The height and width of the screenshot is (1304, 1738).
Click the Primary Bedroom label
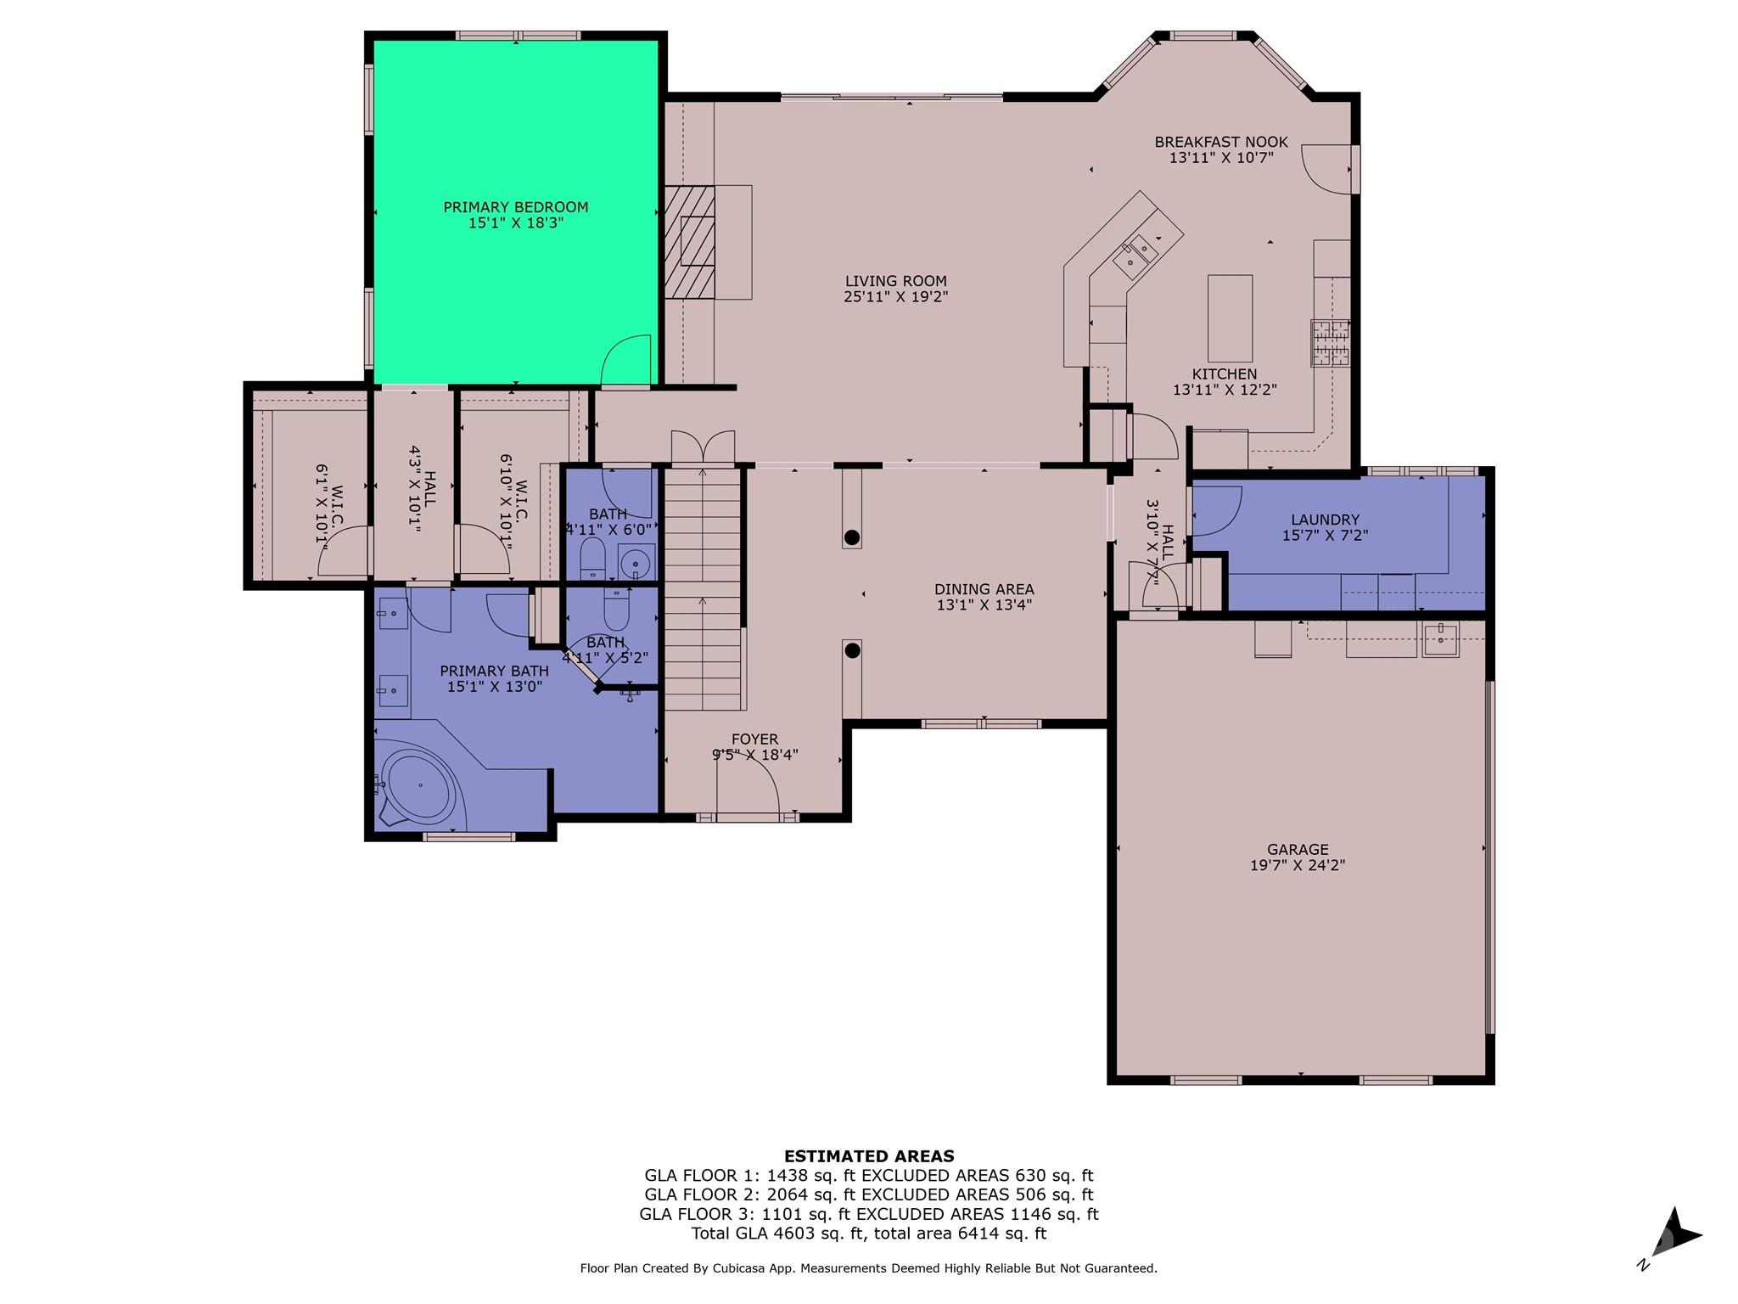point(515,207)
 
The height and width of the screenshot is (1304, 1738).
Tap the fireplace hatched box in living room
point(689,242)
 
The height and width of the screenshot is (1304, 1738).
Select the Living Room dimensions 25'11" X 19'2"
point(895,297)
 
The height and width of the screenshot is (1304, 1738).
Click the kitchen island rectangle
point(1230,318)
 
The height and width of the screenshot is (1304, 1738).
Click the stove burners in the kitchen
point(1330,343)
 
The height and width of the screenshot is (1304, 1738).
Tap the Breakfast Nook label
point(1221,142)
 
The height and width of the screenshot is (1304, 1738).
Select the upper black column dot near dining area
point(852,537)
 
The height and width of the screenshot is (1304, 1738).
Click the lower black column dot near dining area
point(853,651)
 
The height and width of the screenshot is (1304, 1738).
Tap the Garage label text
point(1298,849)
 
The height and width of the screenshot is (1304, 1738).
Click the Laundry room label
point(1325,520)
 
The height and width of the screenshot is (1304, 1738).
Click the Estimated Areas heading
point(869,1155)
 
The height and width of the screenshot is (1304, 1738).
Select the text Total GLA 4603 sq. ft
point(777,1234)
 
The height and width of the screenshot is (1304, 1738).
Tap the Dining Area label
point(984,589)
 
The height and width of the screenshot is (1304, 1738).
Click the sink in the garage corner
point(1440,639)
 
